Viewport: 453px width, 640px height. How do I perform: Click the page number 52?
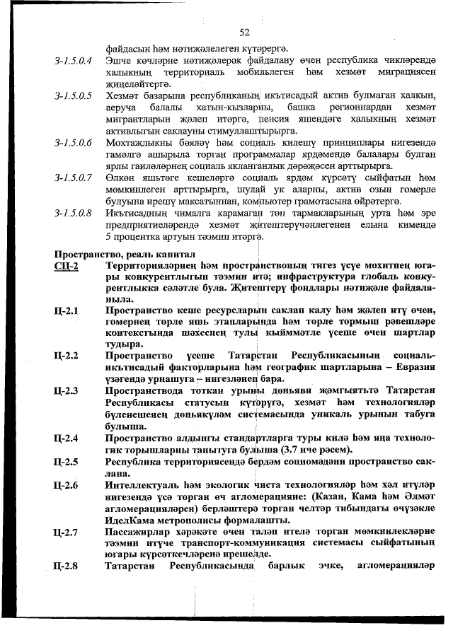click(x=245, y=33)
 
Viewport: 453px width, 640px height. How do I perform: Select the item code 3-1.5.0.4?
click(x=74, y=62)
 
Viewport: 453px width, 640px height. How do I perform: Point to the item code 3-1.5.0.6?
click(x=74, y=143)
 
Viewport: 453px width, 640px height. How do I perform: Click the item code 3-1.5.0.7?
click(x=74, y=178)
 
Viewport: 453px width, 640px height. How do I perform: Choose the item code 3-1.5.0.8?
click(x=74, y=212)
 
